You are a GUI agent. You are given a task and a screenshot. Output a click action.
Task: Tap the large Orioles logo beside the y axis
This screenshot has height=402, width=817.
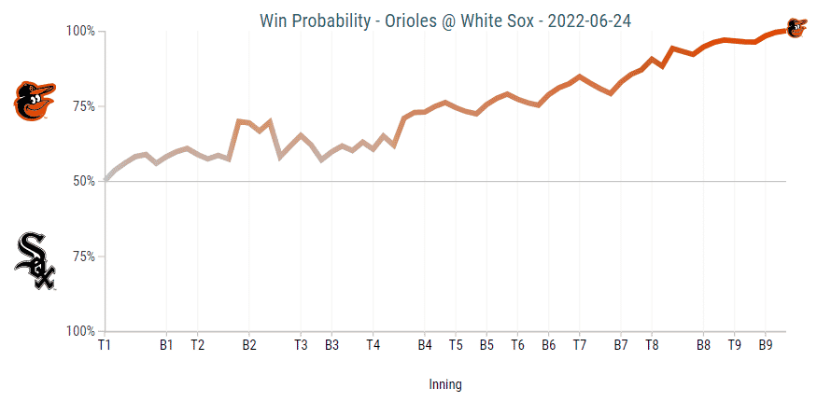(x=35, y=101)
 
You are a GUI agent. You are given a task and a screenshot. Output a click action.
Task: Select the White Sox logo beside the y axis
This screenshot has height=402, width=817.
(x=35, y=261)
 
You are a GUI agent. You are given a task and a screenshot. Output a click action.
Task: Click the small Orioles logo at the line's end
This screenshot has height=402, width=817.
(x=796, y=28)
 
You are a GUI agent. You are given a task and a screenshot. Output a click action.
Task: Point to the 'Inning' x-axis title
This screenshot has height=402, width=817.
(x=445, y=384)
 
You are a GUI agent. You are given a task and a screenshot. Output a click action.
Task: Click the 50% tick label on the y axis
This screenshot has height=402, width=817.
(x=83, y=181)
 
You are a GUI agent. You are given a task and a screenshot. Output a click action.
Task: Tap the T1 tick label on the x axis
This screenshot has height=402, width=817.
(x=105, y=345)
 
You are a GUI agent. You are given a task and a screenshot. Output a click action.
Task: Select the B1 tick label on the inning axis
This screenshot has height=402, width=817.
(x=166, y=345)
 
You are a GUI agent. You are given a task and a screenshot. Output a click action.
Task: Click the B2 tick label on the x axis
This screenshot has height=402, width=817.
(x=249, y=345)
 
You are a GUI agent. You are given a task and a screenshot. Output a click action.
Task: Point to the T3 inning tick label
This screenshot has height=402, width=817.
(x=301, y=345)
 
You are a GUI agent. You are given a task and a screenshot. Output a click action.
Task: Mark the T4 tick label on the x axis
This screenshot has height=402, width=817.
(x=373, y=345)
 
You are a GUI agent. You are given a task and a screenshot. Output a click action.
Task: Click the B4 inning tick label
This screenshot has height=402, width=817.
(x=425, y=345)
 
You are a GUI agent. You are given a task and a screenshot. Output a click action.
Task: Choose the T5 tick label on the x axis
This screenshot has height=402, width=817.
(x=456, y=345)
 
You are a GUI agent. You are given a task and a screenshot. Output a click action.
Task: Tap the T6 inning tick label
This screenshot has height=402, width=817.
(x=517, y=345)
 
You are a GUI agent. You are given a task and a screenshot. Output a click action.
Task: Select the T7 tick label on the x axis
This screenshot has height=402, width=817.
(x=579, y=345)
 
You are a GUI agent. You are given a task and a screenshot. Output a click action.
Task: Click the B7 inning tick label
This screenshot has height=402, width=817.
(x=620, y=345)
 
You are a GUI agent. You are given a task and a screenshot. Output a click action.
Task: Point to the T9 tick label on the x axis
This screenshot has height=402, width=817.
(x=734, y=345)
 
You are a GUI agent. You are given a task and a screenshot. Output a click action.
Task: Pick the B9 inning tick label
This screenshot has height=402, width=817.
(x=765, y=345)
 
